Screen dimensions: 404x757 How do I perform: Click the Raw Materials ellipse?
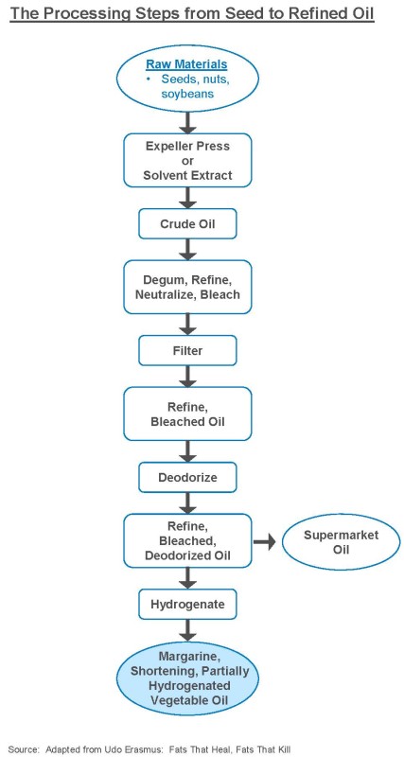coord(187,79)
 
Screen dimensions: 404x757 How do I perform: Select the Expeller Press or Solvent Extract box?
coord(187,161)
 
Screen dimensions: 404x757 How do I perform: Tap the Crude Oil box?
coord(187,224)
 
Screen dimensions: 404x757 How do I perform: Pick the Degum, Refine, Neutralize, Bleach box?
coord(187,288)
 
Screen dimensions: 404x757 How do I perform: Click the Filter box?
coord(187,350)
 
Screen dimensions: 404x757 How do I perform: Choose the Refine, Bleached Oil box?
coord(187,414)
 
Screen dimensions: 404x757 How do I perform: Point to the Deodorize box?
coord(187,477)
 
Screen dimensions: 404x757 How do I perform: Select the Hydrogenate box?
coord(187,604)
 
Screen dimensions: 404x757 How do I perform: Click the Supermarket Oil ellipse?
coord(341,542)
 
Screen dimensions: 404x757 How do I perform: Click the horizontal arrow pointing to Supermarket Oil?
coord(265,541)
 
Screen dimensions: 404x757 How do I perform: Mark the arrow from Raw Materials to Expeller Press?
coord(187,123)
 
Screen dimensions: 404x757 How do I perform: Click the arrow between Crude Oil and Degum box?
coord(187,250)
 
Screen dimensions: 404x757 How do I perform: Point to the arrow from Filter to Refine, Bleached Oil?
coord(187,376)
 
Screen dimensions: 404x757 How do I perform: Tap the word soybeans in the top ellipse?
coord(187,93)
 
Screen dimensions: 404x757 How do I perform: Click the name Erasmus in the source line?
coord(146,748)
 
